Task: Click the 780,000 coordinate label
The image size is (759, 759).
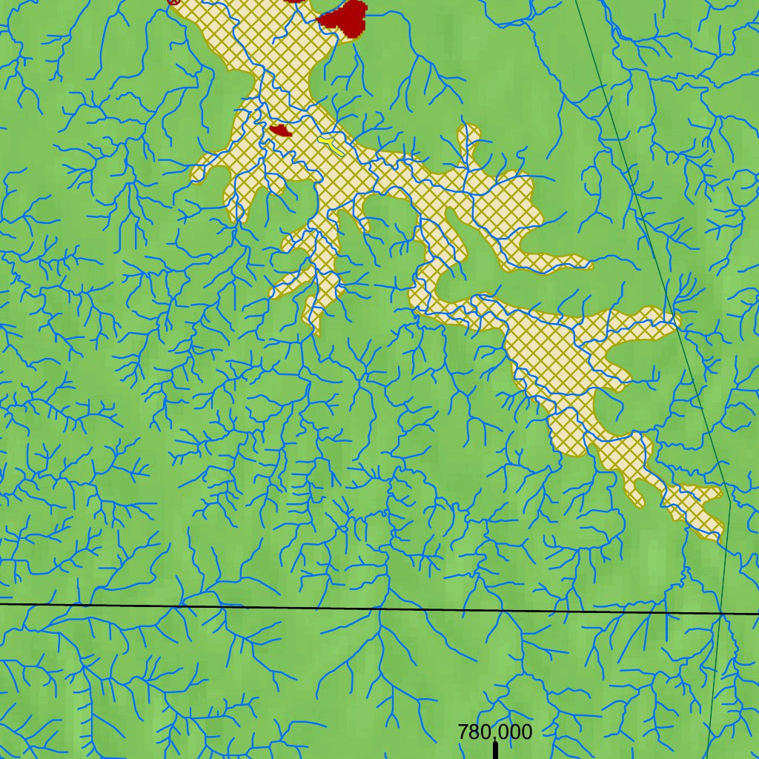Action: (494, 732)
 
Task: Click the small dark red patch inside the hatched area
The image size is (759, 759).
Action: (280, 131)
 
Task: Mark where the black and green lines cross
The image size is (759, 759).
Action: (720, 613)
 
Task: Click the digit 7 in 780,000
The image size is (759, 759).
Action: (464, 732)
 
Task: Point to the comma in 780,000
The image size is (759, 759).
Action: (491, 738)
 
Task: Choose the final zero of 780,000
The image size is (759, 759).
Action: (526, 732)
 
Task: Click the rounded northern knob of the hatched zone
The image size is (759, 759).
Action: (469, 134)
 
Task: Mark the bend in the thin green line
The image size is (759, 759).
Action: (730, 508)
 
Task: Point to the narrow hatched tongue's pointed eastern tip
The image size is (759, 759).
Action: (589, 264)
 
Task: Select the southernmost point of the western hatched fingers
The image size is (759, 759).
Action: (317, 331)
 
